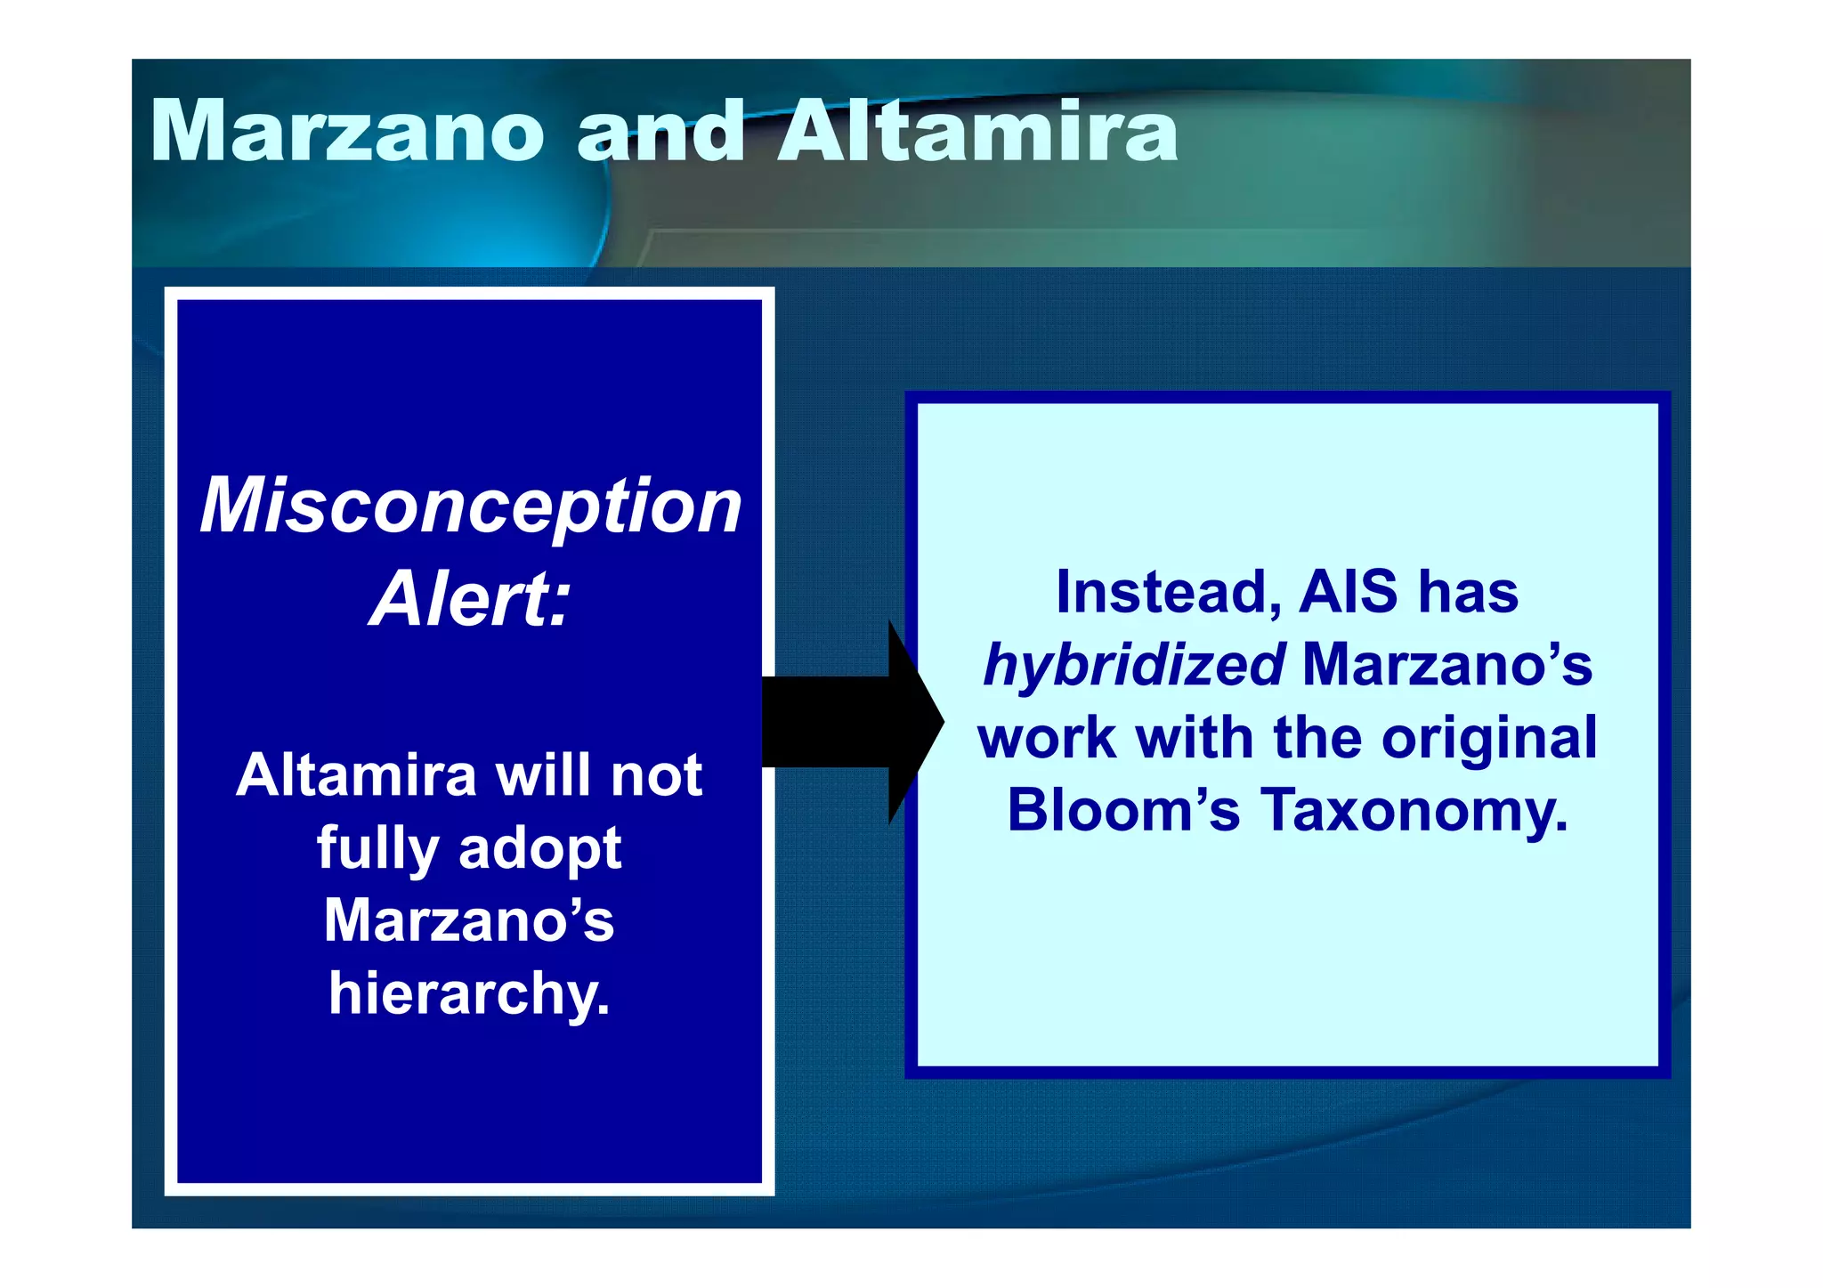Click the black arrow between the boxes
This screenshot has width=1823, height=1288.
tap(850, 722)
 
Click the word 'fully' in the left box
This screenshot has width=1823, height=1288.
tap(377, 848)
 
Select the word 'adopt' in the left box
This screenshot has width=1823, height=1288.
tap(539, 850)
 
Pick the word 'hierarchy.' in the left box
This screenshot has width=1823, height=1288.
tap(469, 994)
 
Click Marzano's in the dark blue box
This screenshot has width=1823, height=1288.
tap(469, 920)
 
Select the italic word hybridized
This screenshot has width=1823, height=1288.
tap(1133, 666)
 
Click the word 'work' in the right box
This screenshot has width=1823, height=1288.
tap(1047, 738)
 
